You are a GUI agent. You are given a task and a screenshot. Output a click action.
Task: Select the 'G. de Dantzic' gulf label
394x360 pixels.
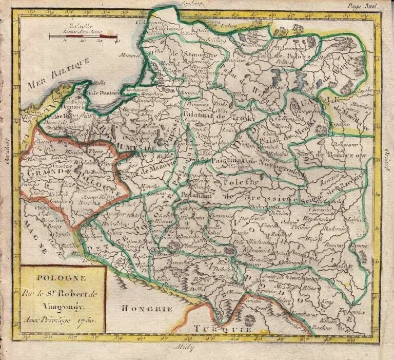[x=102, y=92]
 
